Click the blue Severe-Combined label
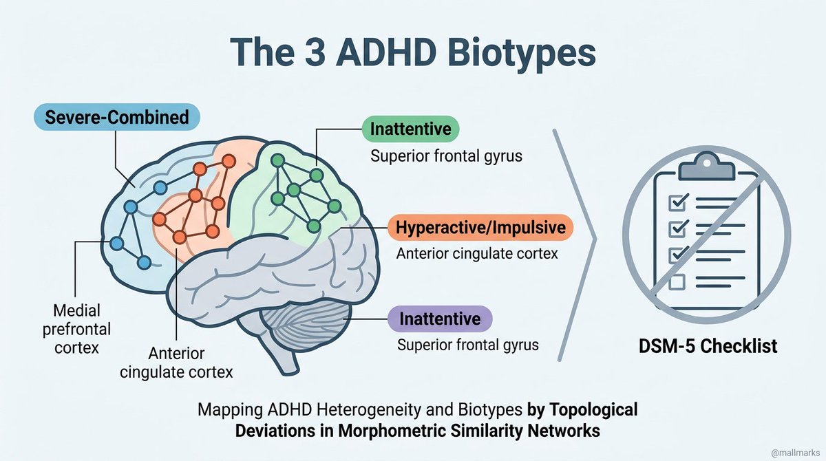point(116,117)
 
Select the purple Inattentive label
point(440,319)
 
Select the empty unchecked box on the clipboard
point(677,281)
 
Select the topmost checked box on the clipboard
point(678,202)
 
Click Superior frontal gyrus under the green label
point(446,156)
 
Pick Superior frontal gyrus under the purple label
point(468,345)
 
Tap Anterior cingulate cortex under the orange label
point(476,253)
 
